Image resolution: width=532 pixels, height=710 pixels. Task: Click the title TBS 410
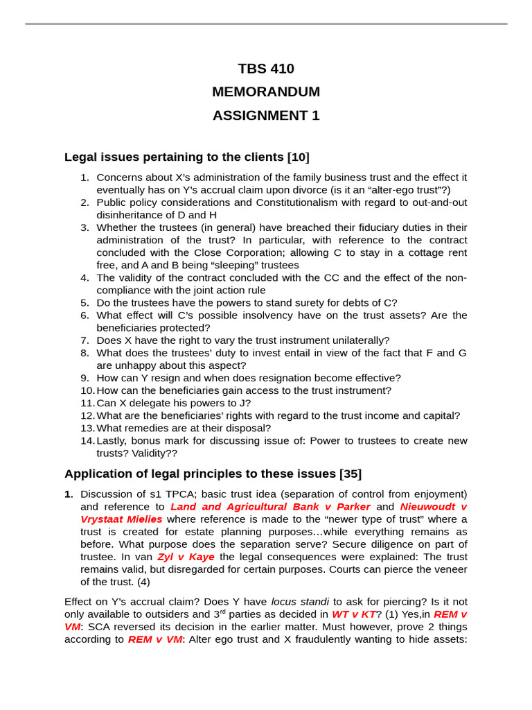[266, 69]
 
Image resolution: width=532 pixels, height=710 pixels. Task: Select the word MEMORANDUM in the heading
[266, 92]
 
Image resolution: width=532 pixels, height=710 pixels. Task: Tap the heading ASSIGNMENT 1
[266, 116]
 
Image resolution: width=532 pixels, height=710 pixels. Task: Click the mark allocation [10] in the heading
[299, 157]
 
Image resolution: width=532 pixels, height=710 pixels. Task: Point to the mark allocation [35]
[351, 474]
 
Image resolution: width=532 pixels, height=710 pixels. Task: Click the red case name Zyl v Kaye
[186, 557]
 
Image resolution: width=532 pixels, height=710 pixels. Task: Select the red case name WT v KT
[353, 614]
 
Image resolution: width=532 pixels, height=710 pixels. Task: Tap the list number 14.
[87, 441]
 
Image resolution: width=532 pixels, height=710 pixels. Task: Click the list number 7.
[85, 340]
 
